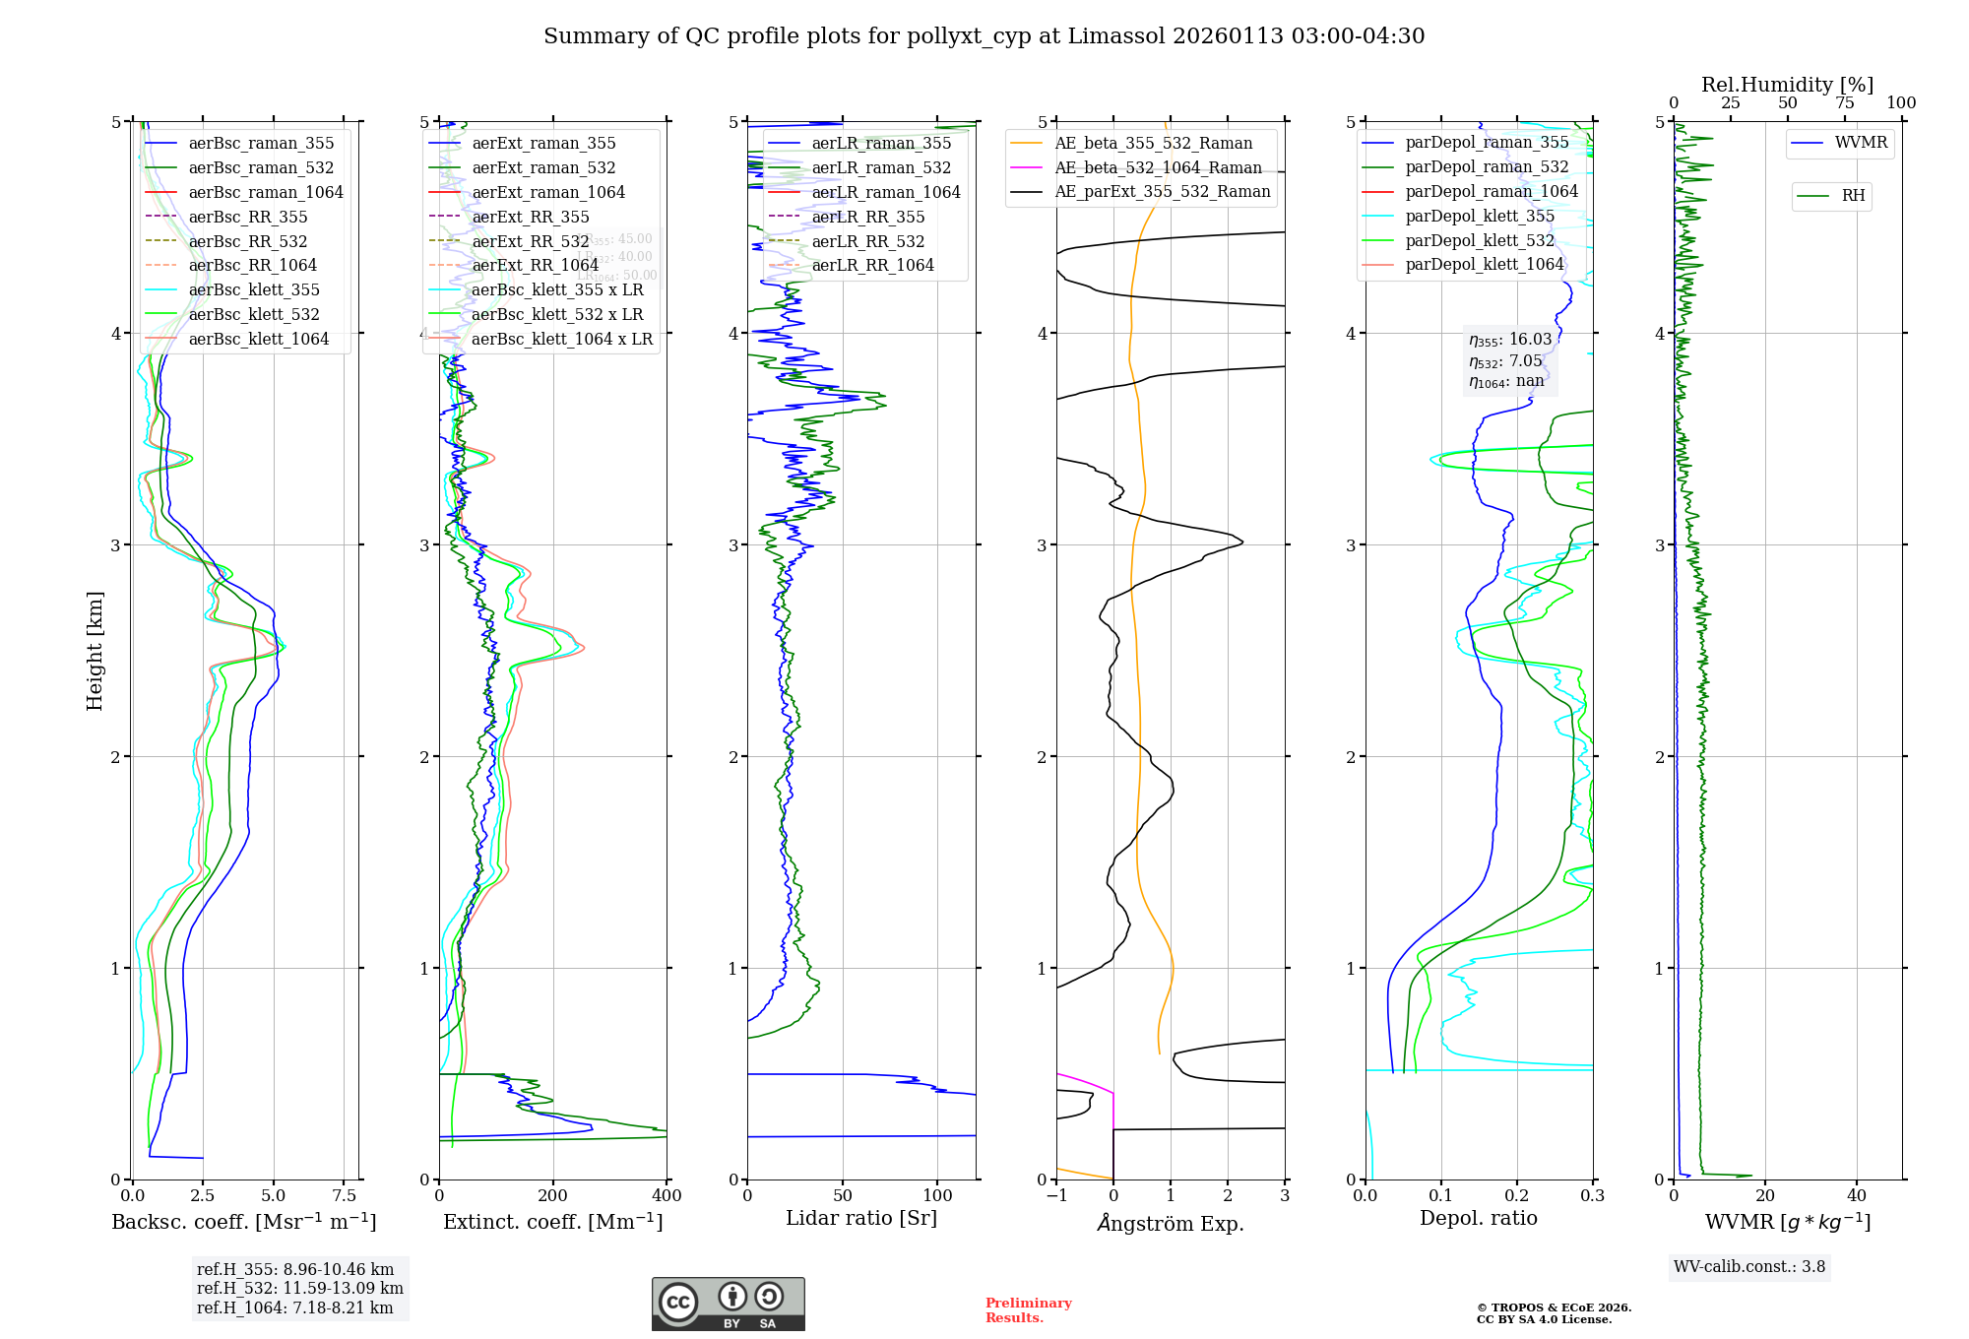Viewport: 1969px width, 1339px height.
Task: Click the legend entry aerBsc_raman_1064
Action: coord(266,192)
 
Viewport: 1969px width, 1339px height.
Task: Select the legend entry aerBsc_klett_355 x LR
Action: coord(557,289)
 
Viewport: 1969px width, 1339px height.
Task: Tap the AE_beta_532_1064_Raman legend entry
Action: coord(1158,167)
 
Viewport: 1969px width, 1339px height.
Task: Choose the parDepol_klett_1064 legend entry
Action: coord(1485,264)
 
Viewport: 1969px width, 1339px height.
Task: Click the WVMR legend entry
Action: coord(1861,143)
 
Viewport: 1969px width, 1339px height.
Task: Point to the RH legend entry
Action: coord(1853,196)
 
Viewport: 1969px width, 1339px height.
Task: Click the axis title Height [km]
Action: coord(95,651)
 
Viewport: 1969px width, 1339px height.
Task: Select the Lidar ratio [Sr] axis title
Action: coord(861,1218)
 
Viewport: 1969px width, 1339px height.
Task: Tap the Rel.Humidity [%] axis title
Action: coord(1787,85)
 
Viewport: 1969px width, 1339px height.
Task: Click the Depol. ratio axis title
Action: coord(1478,1218)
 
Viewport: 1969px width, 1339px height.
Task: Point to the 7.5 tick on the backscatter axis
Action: coord(345,1195)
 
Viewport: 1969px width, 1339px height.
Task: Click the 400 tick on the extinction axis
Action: coord(667,1195)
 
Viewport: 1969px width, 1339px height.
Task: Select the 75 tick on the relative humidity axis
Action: coord(1845,103)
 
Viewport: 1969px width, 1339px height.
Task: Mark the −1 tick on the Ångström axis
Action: coord(1056,1195)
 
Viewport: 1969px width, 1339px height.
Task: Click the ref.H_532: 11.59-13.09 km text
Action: coord(300,1288)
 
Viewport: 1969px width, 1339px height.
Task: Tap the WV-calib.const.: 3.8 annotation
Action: coord(1749,1267)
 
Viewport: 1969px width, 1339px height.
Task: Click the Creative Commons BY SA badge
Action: coord(728,1305)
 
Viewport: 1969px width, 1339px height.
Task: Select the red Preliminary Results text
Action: coord(1028,1310)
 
